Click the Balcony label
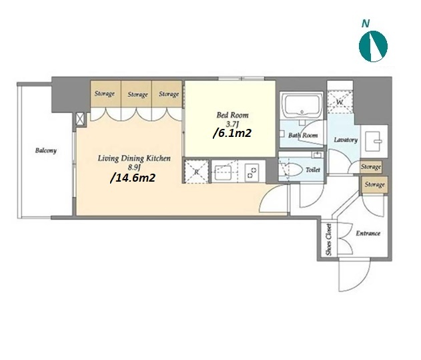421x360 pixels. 46,150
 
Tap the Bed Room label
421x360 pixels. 232,115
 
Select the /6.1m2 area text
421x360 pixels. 232,133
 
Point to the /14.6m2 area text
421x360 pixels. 133,178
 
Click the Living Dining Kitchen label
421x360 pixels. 134,158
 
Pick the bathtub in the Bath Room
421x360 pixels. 302,106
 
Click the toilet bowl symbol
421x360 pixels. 290,169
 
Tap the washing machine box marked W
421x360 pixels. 340,102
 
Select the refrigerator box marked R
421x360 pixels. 197,172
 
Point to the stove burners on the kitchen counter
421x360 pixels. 252,172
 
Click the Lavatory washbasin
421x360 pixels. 374,141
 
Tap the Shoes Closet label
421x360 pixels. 329,240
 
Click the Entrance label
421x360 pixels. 368,233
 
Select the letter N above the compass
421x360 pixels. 366,23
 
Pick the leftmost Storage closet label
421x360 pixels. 105,94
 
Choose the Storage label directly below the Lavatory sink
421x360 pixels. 371,167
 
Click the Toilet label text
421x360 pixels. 313,170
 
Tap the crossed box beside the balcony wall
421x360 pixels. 80,119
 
